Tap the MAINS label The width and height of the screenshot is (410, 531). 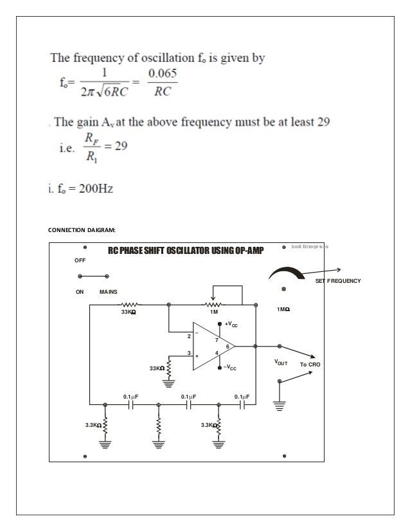109,292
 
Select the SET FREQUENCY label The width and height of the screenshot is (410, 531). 337,282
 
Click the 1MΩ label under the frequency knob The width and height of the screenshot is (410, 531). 283,310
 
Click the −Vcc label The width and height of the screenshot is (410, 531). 231,368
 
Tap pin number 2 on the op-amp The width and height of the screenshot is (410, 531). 189,336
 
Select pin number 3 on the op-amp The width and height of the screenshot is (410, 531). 189,352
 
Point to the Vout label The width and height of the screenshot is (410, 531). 281,363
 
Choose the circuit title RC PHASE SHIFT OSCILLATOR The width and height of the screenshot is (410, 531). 181,251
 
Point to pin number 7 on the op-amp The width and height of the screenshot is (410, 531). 217,339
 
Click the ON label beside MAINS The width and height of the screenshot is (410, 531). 80,292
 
